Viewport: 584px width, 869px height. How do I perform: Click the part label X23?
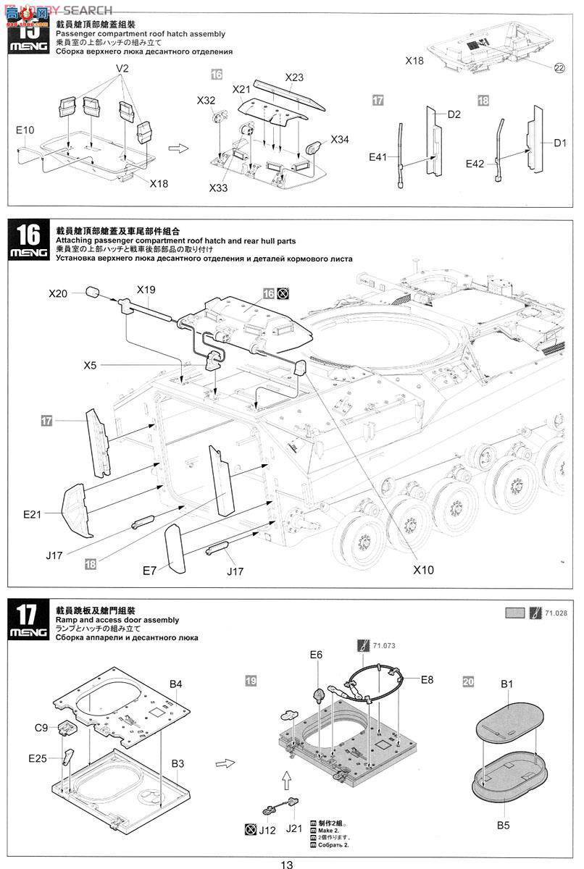(x=294, y=77)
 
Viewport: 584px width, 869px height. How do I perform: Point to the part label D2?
(x=454, y=114)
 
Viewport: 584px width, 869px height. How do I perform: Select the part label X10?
(x=424, y=570)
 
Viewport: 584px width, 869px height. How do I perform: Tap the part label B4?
(x=176, y=684)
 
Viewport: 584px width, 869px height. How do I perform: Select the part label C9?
(x=42, y=726)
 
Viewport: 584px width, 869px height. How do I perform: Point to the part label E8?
(x=427, y=680)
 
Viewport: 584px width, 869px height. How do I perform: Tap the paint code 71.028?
(x=556, y=613)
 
